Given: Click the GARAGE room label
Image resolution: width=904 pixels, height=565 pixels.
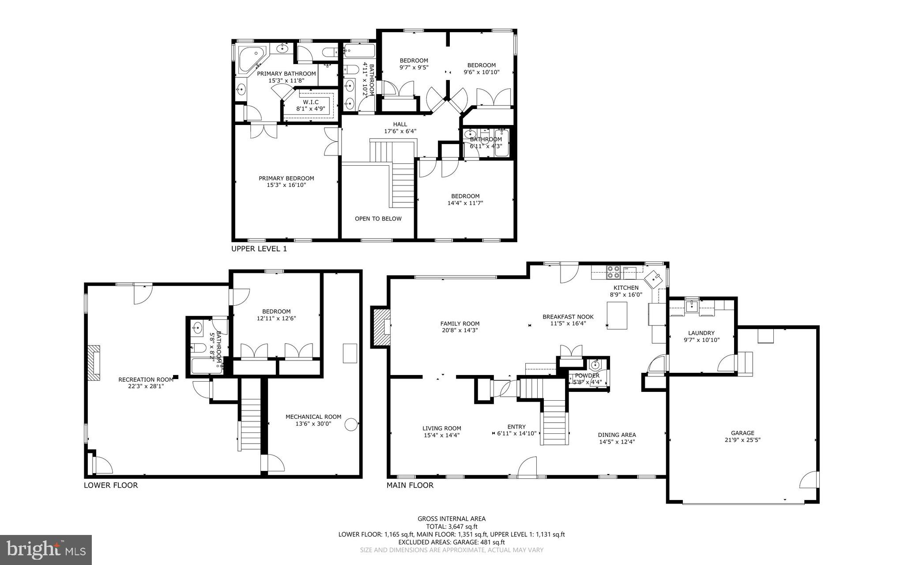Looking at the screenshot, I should click(742, 433).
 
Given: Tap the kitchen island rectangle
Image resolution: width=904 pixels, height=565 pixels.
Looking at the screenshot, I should click(617, 315).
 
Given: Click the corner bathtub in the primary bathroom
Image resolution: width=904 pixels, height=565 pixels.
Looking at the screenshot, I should click(249, 60).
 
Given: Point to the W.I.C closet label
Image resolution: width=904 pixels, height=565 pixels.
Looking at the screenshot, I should click(310, 102).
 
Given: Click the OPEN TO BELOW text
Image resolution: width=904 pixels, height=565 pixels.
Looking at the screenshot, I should click(378, 219).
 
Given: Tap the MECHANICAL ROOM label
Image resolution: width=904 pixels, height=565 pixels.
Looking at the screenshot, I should click(313, 417).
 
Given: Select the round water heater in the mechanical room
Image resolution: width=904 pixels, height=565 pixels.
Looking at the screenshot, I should click(351, 425).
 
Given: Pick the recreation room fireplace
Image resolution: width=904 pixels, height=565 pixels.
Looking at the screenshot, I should click(93, 363).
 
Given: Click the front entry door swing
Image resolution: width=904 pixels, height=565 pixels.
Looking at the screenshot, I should click(527, 468).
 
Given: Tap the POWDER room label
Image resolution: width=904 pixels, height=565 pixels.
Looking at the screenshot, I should click(587, 375).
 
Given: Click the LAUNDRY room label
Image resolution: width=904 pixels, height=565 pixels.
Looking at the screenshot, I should click(701, 333).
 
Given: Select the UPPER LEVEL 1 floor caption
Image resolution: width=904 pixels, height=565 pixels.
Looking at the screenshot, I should click(259, 249).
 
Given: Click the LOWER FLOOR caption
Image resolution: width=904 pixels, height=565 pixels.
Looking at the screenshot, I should click(110, 485).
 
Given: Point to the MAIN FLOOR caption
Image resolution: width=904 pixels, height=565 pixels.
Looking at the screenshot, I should click(410, 485).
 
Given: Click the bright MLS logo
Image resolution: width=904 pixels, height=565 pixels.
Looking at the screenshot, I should click(46, 550).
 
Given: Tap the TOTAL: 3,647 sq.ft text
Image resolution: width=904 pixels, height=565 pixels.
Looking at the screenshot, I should click(451, 527).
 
